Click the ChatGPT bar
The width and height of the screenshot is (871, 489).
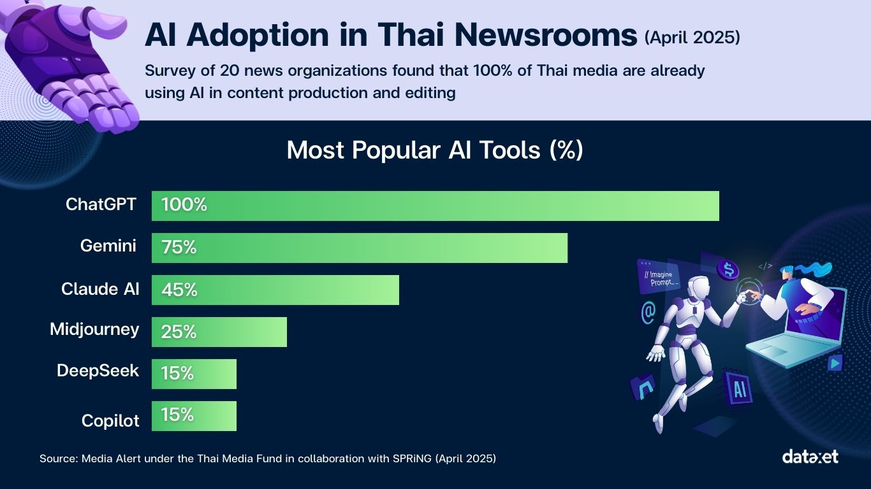click(x=435, y=206)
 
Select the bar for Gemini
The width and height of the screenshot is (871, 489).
click(x=359, y=248)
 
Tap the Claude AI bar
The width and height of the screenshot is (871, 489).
click(x=275, y=290)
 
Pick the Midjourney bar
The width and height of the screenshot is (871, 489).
click(x=219, y=332)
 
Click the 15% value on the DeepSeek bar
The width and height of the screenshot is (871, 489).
click(x=177, y=373)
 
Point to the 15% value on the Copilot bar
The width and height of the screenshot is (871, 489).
click(x=177, y=415)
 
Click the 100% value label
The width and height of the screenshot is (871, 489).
click(x=184, y=205)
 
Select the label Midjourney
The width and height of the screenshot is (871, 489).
click(x=94, y=329)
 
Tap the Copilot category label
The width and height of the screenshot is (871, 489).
click(x=110, y=421)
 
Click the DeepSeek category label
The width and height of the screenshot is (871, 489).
click(x=98, y=371)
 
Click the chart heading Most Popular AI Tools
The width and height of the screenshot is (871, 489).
click(x=435, y=150)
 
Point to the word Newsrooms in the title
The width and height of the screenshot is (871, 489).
click(x=547, y=36)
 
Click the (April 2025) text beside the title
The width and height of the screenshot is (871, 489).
click(x=692, y=38)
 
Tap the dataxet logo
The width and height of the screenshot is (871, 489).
click(x=810, y=457)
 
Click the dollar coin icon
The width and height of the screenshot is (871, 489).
click(x=728, y=269)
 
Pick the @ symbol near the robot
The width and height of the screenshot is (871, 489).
click(x=648, y=312)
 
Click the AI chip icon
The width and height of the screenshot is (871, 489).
click(x=740, y=389)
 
